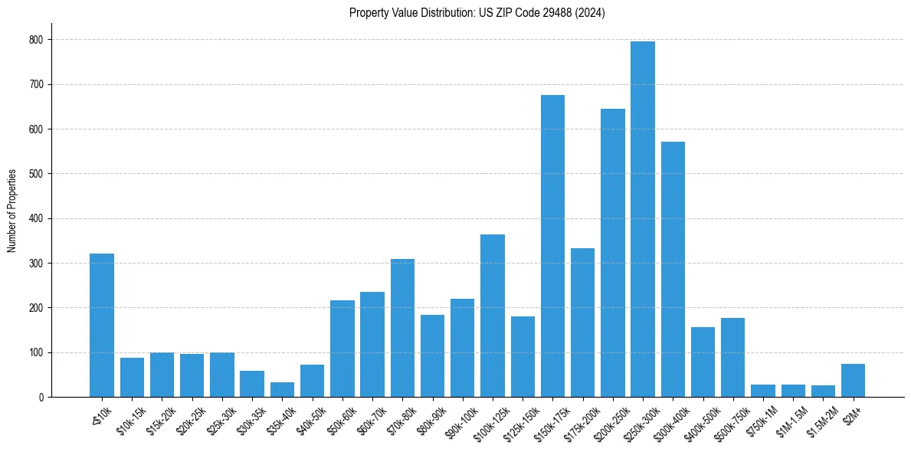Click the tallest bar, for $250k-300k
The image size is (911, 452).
[643, 219]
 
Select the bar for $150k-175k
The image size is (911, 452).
[552, 246]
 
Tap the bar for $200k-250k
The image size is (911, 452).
[613, 253]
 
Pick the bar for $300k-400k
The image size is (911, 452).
[673, 269]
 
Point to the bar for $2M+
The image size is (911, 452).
[853, 381]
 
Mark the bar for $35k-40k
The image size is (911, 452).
[282, 390]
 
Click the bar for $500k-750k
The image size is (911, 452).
[732, 358]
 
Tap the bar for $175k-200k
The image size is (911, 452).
[582, 323]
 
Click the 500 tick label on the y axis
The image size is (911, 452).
[36, 174]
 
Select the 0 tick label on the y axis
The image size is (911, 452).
[41, 398]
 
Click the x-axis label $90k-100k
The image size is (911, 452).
[459, 420]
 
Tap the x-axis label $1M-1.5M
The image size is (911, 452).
[790, 420]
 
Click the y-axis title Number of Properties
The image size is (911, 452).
[11, 210]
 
